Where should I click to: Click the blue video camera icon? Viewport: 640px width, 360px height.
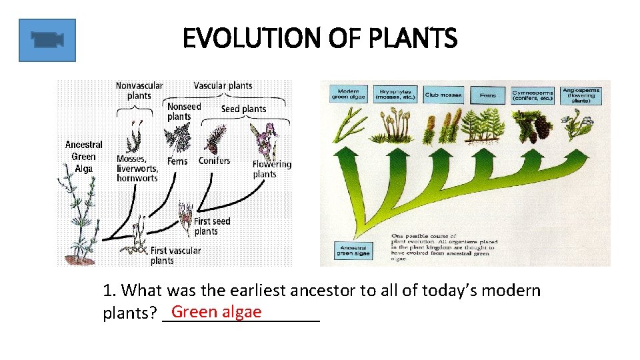[x=47, y=40]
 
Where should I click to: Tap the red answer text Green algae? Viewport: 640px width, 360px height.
[x=216, y=311]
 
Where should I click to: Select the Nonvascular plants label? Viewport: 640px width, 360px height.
[x=139, y=91]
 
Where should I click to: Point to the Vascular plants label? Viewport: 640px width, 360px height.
[x=223, y=85]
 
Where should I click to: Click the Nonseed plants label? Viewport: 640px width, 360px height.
[x=183, y=111]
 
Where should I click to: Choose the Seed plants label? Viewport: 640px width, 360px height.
[x=243, y=109]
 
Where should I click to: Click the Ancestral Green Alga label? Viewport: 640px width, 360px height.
[x=84, y=157]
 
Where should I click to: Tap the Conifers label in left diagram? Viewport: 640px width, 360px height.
[x=214, y=161]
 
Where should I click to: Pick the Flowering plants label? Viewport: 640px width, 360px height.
[x=271, y=169]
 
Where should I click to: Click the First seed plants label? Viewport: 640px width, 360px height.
[x=212, y=226]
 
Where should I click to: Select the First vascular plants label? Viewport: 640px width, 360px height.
[x=175, y=255]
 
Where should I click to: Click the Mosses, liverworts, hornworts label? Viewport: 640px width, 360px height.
[x=137, y=168]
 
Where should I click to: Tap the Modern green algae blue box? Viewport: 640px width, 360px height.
[x=349, y=94]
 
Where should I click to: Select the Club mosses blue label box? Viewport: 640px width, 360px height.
[x=443, y=95]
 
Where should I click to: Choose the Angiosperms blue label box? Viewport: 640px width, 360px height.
[x=581, y=93]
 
